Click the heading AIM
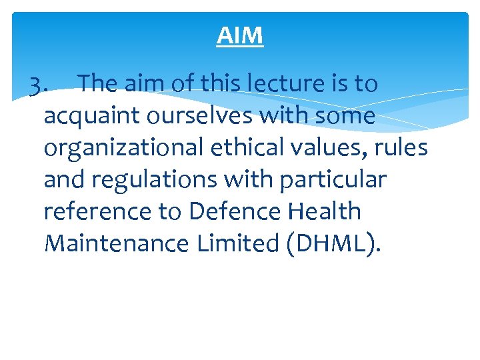click(240, 36)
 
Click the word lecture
click(294, 85)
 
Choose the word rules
click(401, 147)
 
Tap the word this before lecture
click(223, 85)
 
